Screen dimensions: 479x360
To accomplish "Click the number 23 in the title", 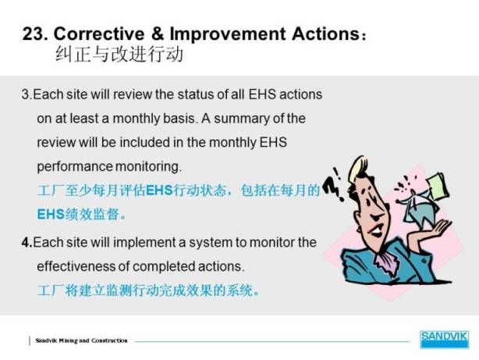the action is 34,34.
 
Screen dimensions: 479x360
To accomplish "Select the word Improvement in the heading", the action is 228,34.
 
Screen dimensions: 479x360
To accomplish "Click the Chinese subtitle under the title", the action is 119,55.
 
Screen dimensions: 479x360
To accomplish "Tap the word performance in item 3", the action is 75,167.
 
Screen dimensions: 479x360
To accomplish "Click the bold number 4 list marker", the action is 27,242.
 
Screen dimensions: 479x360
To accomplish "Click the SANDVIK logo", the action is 444,339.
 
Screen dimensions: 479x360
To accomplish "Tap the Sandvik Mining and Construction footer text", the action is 82,340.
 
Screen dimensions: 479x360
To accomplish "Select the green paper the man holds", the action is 438,186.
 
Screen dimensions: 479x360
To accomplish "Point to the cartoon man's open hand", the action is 440,227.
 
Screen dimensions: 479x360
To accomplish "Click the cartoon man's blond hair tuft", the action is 358,166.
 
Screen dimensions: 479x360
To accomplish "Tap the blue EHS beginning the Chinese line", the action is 51,214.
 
